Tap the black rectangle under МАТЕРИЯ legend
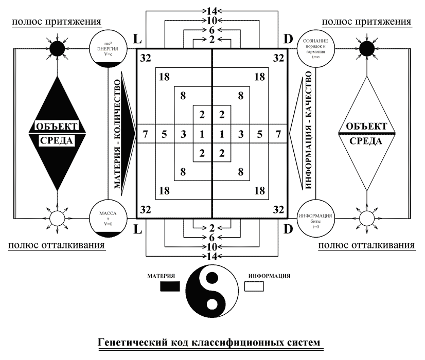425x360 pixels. pyautogui.click(x=170, y=287)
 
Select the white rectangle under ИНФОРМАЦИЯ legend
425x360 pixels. pyautogui.click(x=254, y=287)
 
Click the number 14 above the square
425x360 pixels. pyautogui.click(x=212, y=10)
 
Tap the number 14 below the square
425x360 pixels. pyautogui.click(x=212, y=256)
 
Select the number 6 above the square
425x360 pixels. pyautogui.click(x=212, y=30)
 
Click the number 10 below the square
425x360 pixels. pyautogui.click(x=212, y=246)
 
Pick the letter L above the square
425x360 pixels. pyautogui.click(x=137, y=39)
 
